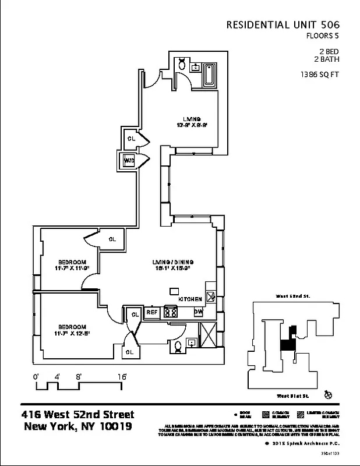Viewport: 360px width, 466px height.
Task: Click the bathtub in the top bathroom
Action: [x=209, y=76]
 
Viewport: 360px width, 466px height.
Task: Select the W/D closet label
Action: [x=129, y=161]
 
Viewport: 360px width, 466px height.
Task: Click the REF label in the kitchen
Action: [x=152, y=312]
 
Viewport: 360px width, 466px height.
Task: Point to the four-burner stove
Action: [x=171, y=312]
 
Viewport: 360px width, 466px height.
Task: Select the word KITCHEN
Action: [x=190, y=299]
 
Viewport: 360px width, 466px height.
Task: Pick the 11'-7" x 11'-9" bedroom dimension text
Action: [x=72, y=269]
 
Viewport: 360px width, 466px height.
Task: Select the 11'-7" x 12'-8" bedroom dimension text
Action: [x=72, y=334]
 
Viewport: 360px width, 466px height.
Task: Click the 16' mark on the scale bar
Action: [x=122, y=377]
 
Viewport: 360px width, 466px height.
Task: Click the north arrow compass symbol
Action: [x=328, y=396]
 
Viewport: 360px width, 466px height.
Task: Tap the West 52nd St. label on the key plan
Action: [x=293, y=296]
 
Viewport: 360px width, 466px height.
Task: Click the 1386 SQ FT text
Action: [x=319, y=75]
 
